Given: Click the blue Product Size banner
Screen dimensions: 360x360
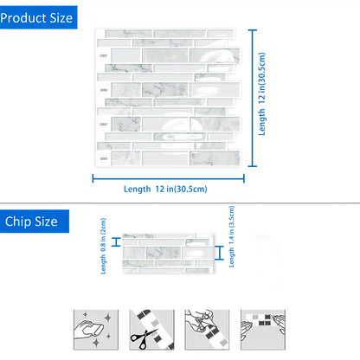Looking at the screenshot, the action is pyautogui.click(x=38, y=17).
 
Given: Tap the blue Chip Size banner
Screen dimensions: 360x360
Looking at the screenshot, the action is pyautogui.click(x=35, y=222).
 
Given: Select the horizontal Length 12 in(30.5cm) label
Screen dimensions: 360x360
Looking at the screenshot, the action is pyautogui.click(x=165, y=190).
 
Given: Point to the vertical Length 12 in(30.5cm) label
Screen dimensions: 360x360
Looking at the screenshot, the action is pyautogui.click(x=261, y=94).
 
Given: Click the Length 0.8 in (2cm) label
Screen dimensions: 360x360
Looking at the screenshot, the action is pyautogui.click(x=103, y=246).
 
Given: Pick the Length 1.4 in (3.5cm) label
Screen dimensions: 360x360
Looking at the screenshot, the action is pyautogui.click(x=232, y=236).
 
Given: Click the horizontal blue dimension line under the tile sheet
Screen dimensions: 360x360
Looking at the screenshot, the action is pyautogui.click(x=168, y=178).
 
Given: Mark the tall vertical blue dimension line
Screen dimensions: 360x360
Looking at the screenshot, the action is pyautogui.click(x=253, y=98).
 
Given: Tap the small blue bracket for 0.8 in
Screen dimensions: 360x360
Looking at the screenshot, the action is pyautogui.click(x=116, y=242).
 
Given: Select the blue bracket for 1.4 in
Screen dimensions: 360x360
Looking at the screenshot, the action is pyautogui.click(x=219, y=253).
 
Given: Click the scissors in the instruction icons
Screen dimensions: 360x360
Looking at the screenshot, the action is pyautogui.click(x=144, y=338).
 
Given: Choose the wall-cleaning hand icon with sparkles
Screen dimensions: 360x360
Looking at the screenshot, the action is pyautogui.click(x=96, y=330).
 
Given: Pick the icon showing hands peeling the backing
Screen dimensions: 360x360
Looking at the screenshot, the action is pyautogui.click(x=207, y=330).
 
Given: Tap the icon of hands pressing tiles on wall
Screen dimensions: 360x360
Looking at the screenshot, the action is pyautogui.click(x=263, y=330).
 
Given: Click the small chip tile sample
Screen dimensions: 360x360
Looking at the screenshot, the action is pyautogui.click(x=169, y=254).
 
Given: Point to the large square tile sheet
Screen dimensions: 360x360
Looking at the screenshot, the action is pyautogui.click(x=169, y=98).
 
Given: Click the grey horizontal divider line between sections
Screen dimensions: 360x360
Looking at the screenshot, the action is pyautogui.click(x=180, y=203).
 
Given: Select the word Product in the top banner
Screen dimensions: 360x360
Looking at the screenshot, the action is pyautogui.click(x=23, y=18).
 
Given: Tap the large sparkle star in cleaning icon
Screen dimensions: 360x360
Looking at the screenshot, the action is pyautogui.click(x=108, y=318).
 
